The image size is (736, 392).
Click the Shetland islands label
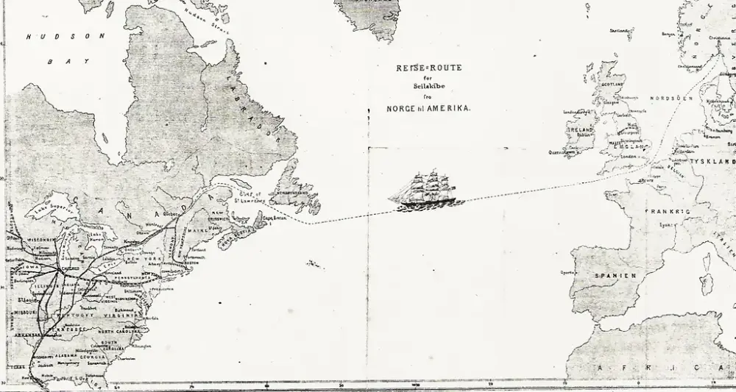621,30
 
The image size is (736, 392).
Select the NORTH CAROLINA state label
118,332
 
